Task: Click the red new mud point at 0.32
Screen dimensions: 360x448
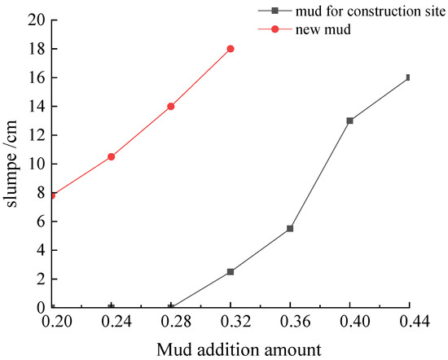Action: (231, 49)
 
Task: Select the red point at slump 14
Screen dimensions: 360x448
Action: (171, 106)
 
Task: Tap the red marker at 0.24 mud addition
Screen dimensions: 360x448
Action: (111, 156)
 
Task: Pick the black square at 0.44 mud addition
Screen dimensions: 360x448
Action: (409, 77)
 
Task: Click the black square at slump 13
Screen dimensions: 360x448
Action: (349, 121)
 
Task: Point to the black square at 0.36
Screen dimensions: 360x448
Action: (290, 229)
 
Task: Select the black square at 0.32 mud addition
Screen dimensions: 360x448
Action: (231, 271)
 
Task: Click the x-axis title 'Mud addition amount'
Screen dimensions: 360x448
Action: (230, 350)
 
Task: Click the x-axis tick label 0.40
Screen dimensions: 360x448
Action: (349, 322)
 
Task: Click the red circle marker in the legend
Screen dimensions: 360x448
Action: (275, 29)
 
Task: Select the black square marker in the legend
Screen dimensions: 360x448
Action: (275, 11)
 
